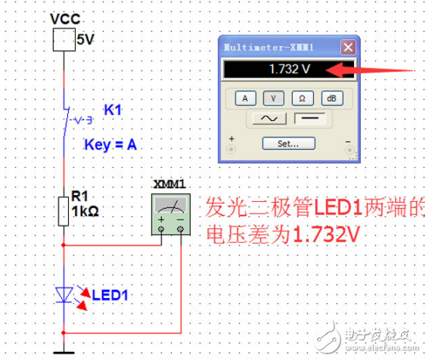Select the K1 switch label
coord(113,110)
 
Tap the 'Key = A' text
coord(110,145)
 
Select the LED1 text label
coord(109,295)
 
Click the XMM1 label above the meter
coord(169,185)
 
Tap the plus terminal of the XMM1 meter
coord(161,228)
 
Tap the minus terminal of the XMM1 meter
coord(181,228)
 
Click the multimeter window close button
coord(347,48)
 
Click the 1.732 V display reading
coord(276,70)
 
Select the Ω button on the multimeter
coord(301,98)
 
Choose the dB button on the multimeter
coord(330,98)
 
